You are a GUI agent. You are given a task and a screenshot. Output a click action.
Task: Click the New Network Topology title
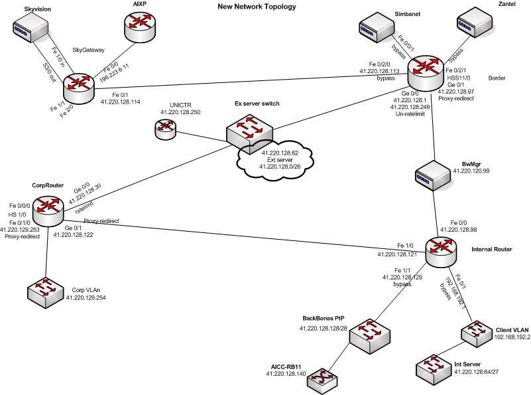pyautogui.click(x=257, y=7)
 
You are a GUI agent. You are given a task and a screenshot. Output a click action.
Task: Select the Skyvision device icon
pyautogui.click(x=32, y=29)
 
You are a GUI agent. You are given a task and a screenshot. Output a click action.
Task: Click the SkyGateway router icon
pyautogui.click(x=80, y=85)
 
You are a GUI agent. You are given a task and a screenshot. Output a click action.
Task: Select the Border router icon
pyautogui.click(x=425, y=68)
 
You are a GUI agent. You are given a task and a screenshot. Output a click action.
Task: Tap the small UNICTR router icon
pyautogui.click(x=164, y=129)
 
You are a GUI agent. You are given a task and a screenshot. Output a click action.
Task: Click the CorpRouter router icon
pyautogui.click(x=48, y=213)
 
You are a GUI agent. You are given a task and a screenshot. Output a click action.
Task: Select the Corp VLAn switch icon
pyautogui.click(x=46, y=293)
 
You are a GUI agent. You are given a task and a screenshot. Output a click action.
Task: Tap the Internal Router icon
pyautogui.click(x=441, y=250)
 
